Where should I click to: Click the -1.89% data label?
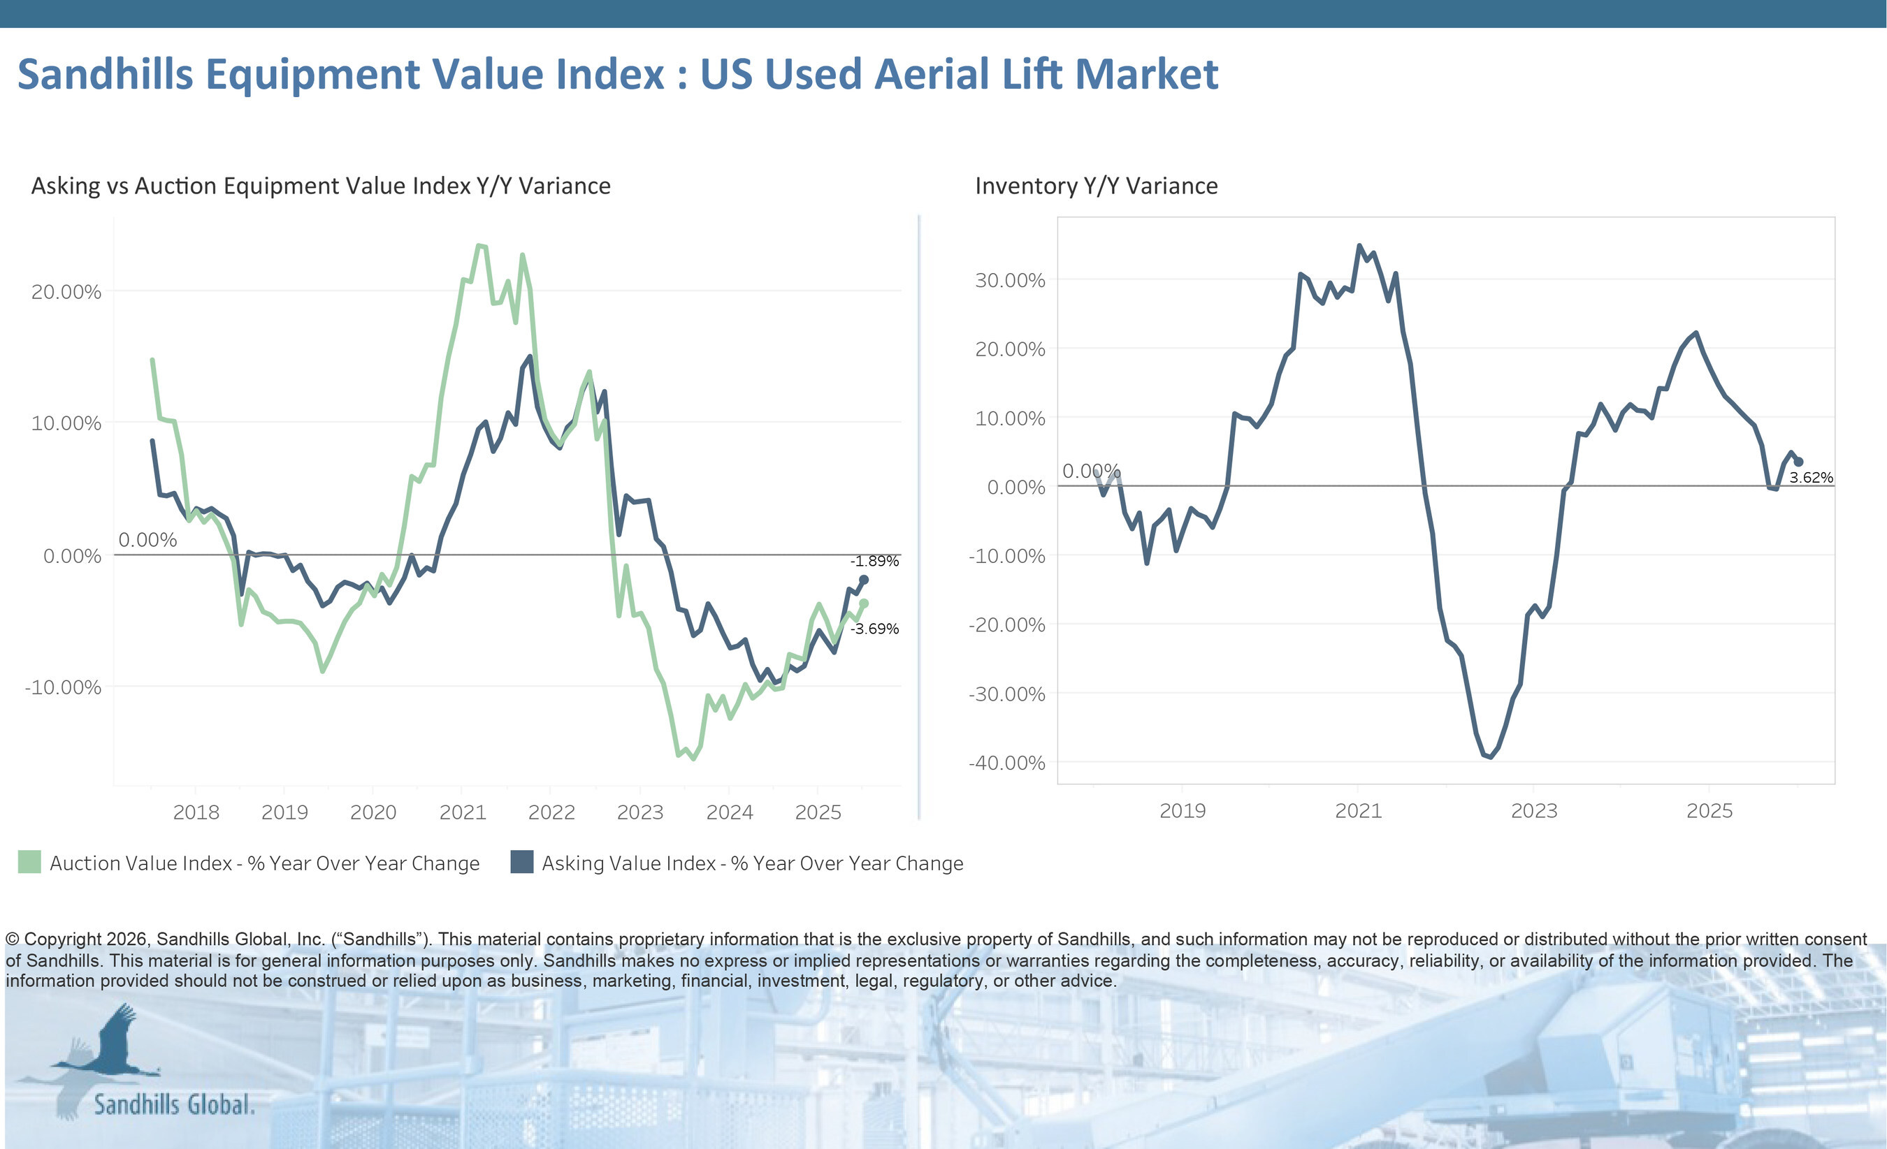874,561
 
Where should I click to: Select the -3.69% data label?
874,629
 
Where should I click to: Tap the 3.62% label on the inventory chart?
1810,478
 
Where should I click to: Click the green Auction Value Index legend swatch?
29,862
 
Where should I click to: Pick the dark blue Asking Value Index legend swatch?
521,862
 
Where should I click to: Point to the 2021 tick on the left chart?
463,812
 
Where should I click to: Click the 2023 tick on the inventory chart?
1533,810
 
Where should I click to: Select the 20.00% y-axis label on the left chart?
66,292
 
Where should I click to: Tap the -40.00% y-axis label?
1006,763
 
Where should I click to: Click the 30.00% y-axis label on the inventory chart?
1009,280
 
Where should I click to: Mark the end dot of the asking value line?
864,580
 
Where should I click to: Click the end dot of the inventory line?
1798,462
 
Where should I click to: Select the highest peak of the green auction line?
479,246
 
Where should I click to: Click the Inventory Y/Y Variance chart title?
1096,186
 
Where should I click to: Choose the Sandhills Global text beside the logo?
174,1104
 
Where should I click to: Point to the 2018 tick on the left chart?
196,812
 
